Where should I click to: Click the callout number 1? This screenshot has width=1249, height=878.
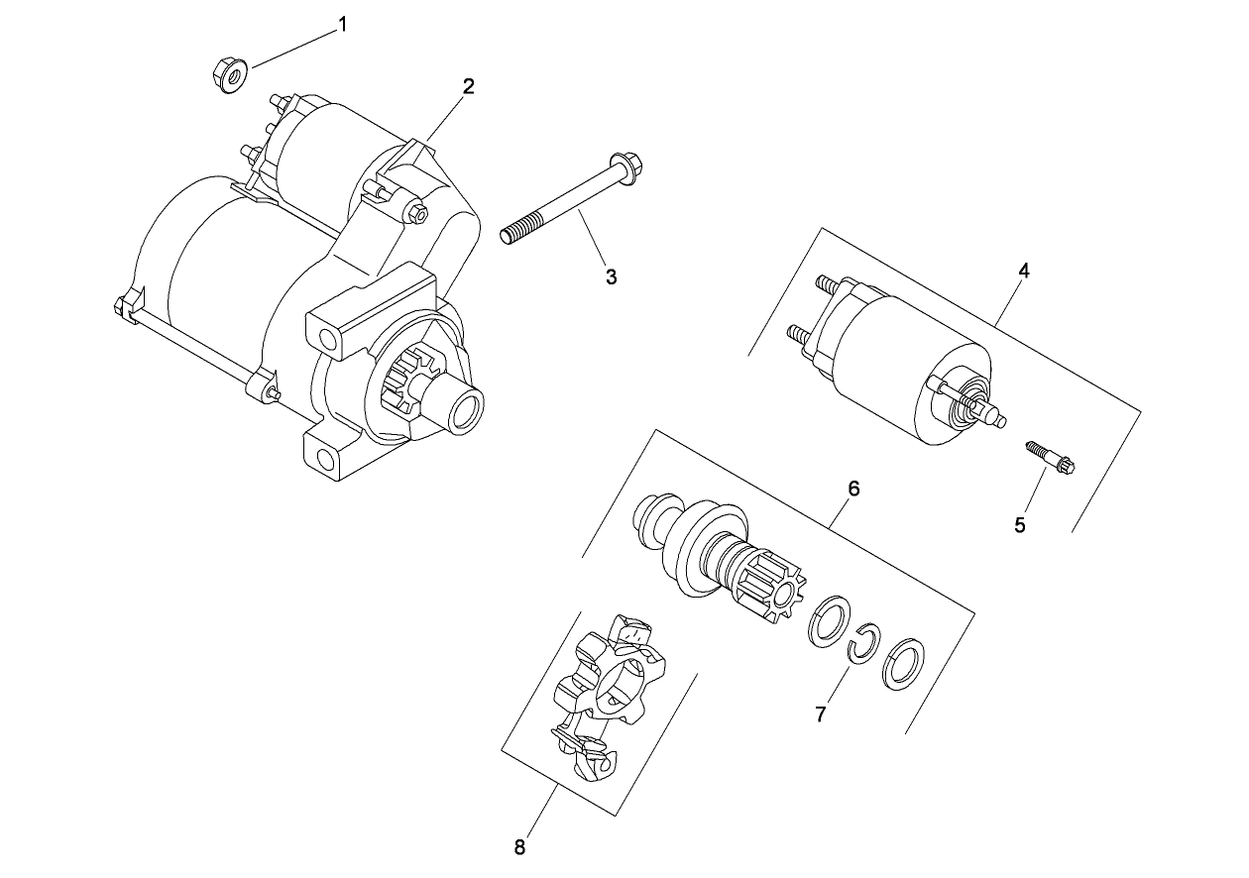click(x=343, y=25)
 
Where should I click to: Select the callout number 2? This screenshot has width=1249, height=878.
click(x=468, y=86)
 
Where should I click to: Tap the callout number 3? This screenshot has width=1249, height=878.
click(x=612, y=277)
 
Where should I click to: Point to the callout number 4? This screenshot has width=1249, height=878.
click(x=1024, y=271)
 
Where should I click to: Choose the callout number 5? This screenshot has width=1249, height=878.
click(x=1020, y=525)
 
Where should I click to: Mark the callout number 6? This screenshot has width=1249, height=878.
click(x=853, y=488)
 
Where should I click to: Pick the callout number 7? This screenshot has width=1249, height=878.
click(x=821, y=713)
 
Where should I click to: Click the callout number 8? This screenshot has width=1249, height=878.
click(x=519, y=846)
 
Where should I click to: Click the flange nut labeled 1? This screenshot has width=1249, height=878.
click(x=229, y=76)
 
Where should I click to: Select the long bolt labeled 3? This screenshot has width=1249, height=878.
click(x=570, y=203)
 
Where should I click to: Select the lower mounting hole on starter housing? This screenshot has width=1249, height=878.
click(x=323, y=458)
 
